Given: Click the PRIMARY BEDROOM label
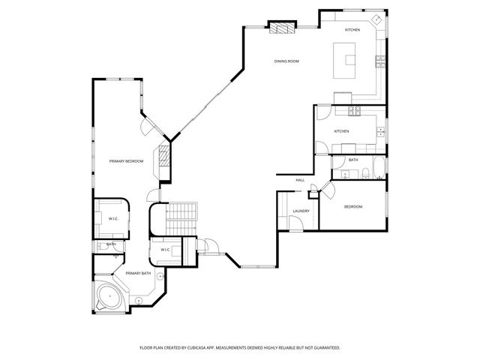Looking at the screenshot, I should (x=125, y=161).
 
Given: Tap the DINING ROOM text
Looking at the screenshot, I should (x=286, y=61).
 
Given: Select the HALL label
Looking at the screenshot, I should (x=299, y=180).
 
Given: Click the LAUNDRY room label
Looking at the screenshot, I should (x=301, y=211).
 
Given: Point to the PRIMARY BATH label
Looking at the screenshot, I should (x=138, y=273).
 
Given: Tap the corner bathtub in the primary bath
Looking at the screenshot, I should (x=110, y=298).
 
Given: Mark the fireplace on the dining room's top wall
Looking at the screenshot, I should (x=282, y=28).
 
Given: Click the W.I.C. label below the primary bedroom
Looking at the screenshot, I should (x=112, y=219).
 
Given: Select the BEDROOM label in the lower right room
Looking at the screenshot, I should (x=352, y=206).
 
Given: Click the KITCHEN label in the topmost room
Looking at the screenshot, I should (x=352, y=30).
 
